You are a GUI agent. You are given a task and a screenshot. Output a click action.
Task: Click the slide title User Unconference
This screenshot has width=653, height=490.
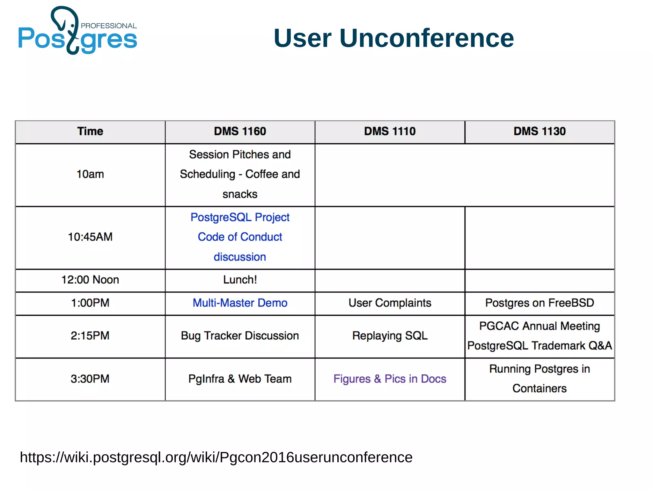click(x=393, y=38)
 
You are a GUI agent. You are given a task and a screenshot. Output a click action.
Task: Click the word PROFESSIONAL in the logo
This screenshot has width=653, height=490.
click(x=109, y=26)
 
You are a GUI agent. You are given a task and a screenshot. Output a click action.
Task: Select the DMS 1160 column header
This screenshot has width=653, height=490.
click(x=240, y=131)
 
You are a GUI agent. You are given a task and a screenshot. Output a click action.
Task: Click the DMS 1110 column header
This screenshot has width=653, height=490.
click(x=390, y=131)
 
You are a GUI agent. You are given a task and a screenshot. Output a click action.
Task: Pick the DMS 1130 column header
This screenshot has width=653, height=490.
click(x=539, y=131)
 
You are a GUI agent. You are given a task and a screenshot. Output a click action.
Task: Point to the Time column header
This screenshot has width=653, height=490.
click(x=90, y=131)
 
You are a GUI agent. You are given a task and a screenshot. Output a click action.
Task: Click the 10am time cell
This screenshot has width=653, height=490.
click(x=90, y=174)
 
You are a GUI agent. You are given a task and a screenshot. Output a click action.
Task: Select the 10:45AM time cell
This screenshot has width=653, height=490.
click(x=90, y=237)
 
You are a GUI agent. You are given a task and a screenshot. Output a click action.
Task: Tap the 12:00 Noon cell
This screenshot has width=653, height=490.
click(x=90, y=280)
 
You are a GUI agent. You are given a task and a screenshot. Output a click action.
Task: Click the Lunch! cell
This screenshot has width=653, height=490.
click(x=240, y=280)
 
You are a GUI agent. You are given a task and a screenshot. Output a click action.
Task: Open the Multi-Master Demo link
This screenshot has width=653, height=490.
click(x=240, y=303)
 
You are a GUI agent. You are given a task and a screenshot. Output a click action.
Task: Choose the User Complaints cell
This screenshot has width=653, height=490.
click(x=390, y=303)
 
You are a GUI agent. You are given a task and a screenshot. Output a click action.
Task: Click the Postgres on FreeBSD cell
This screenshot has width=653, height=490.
click(x=539, y=303)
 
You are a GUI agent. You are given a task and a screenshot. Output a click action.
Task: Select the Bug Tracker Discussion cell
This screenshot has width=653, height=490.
click(x=240, y=336)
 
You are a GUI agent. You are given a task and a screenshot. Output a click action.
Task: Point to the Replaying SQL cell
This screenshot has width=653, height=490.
click(x=390, y=336)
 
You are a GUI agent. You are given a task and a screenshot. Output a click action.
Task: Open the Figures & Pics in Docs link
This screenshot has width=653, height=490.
click(x=390, y=379)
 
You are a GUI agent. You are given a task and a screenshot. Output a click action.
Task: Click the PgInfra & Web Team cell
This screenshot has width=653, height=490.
click(x=240, y=379)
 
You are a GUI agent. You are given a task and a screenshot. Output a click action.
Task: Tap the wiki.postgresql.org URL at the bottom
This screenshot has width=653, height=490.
click(x=216, y=457)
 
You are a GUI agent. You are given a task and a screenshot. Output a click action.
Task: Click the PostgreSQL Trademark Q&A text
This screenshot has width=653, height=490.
click(x=539, y=346)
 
